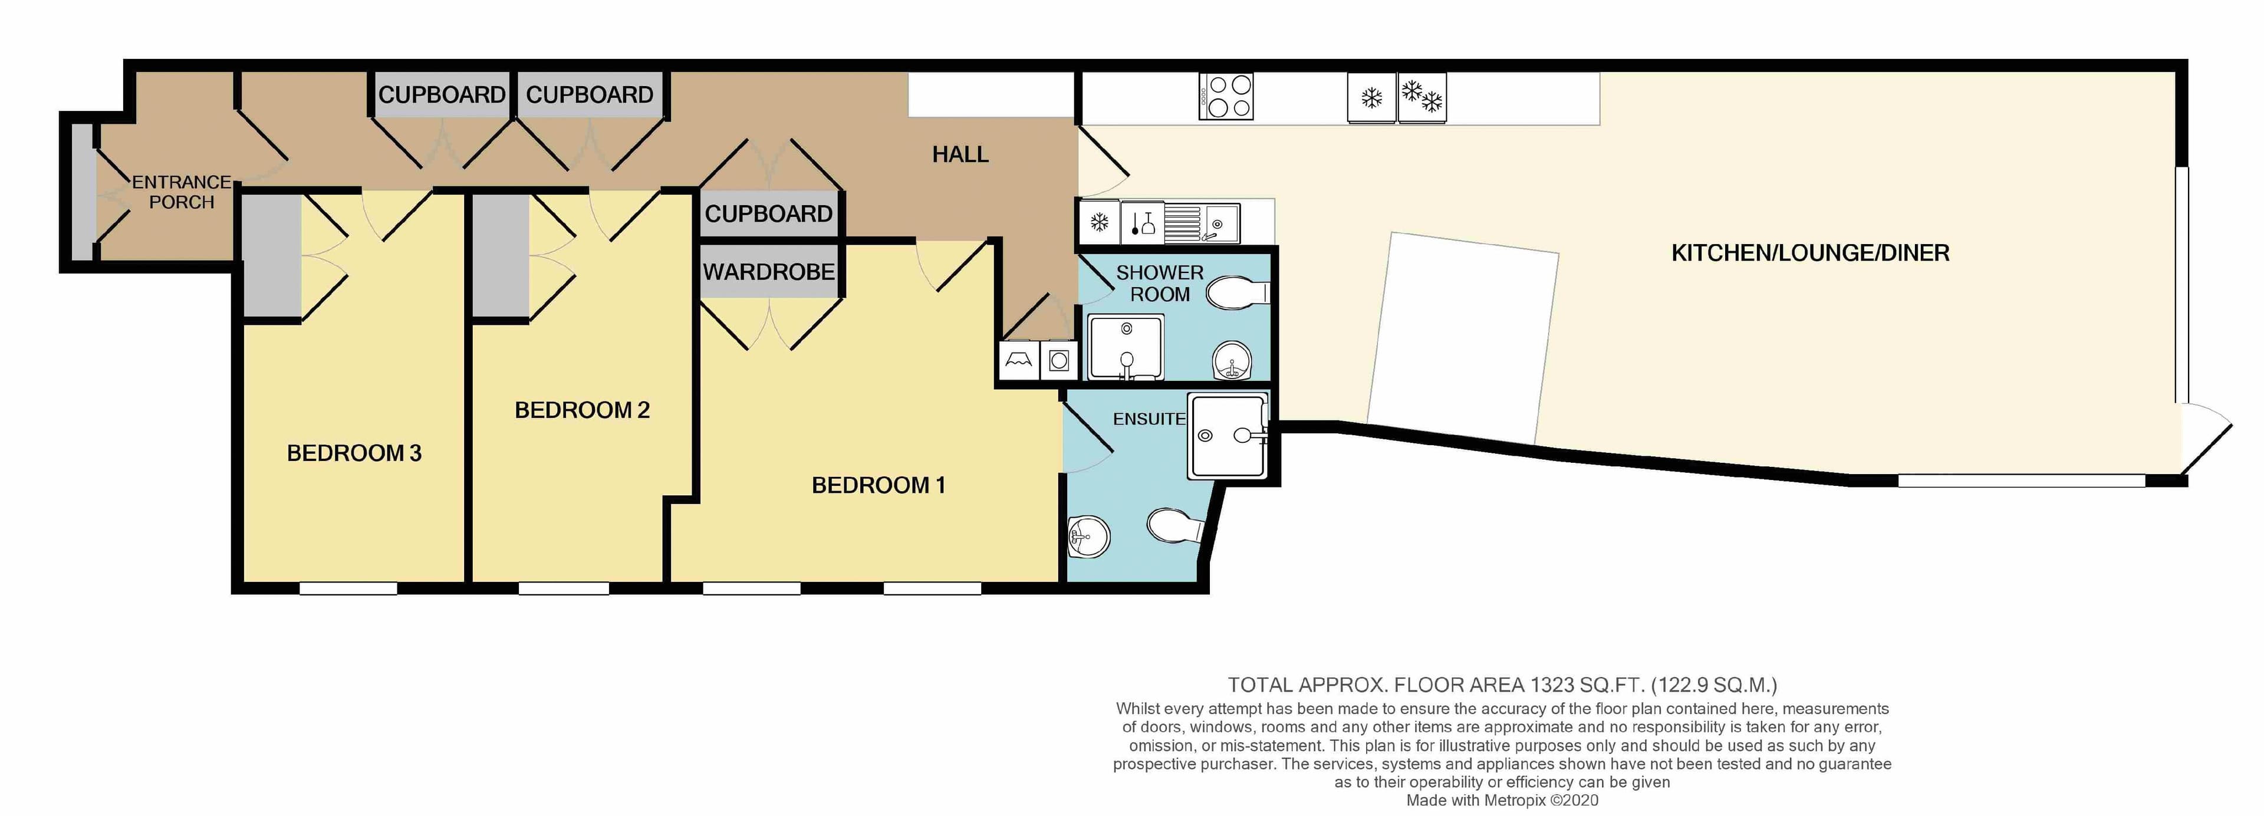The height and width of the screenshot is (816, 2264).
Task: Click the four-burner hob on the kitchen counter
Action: (1226, 97)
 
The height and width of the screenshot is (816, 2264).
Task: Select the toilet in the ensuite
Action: (1175, 526)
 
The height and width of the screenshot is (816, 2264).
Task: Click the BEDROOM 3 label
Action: (354, 453)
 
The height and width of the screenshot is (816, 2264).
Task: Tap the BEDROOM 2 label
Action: (582, 410)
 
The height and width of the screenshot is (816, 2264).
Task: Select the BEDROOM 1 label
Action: (878, 485)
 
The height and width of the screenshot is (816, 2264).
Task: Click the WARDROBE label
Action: (768, 272)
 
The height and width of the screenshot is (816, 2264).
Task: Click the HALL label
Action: (960, 154)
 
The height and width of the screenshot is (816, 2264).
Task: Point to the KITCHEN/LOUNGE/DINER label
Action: (1809, 254)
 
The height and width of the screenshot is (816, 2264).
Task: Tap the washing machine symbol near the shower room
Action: (1059, 360)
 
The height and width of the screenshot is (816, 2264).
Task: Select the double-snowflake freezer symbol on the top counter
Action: (1421, 97)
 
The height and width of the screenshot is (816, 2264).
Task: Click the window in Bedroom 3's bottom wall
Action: (348, 588)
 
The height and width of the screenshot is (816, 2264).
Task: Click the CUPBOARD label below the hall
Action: (768, 213)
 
